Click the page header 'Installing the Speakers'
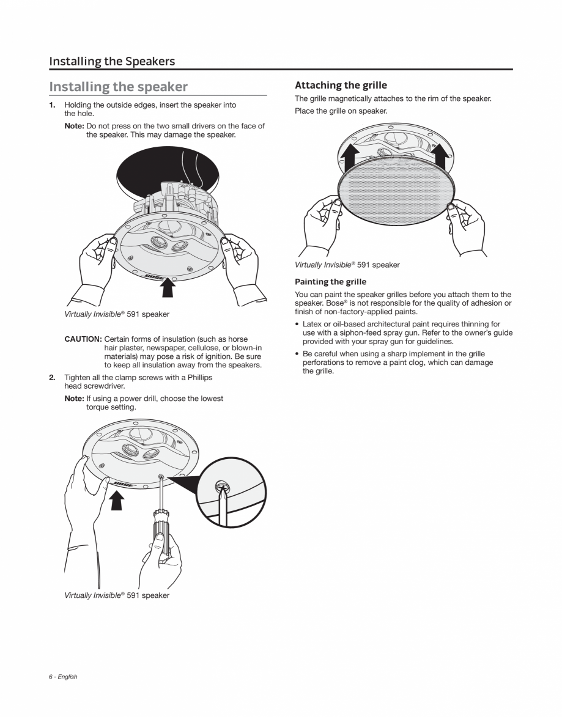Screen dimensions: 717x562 112,61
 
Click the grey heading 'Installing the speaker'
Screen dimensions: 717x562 118,87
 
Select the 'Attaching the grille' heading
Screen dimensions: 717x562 341,85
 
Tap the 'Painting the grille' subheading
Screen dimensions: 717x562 330,282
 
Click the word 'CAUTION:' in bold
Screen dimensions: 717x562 83,339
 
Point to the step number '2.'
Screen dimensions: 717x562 53,378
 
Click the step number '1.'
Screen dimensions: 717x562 53,105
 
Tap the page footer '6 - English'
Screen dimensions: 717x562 63,677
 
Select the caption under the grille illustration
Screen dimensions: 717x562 347,265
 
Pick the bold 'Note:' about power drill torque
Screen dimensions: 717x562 74,399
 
